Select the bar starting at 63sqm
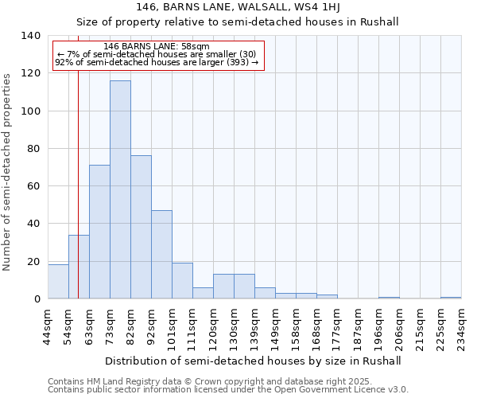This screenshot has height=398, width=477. [99, 232]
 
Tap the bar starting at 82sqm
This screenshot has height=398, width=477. [141, 227]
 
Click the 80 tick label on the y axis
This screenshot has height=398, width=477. [33, 149]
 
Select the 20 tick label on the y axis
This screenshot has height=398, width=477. [33, 262]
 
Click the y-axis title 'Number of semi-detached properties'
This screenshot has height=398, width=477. [8, 172]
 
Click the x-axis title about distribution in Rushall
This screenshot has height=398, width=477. [253, 361]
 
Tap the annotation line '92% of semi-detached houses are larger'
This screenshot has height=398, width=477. [157, 62]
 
